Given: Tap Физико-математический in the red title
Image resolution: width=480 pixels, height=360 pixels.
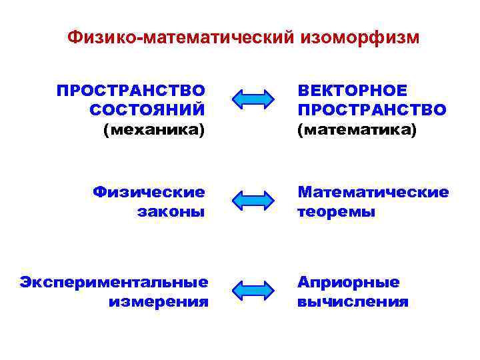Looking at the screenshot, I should [179, 38].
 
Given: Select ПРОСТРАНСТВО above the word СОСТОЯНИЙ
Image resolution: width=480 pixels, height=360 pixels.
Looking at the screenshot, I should [131, 90].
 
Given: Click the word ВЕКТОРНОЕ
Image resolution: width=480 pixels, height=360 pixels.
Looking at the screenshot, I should [352, 90].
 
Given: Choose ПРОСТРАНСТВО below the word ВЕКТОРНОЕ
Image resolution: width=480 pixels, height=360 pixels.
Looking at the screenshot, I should [372, 109].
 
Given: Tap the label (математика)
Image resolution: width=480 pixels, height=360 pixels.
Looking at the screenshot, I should [357, 129].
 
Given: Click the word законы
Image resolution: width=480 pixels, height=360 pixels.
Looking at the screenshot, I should [171, 212].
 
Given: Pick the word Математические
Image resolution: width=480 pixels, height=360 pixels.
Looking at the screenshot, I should [373, 193].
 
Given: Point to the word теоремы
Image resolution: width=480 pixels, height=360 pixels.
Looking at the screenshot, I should [337, 212].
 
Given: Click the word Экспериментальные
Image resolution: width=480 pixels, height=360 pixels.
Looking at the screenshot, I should [114, 282].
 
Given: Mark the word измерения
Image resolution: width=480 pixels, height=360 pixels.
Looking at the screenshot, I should [159, 301].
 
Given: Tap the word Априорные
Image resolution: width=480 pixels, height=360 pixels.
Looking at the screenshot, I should [349, 282].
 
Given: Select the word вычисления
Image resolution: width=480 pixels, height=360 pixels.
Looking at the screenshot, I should [353, 301].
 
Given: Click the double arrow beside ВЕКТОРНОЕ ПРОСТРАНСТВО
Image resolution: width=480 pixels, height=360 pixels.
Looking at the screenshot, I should [253, 99].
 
